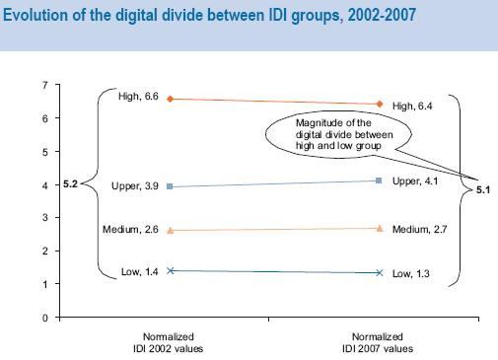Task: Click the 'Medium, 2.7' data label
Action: tap(418, 230)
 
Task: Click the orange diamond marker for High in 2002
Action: tap(172, 99)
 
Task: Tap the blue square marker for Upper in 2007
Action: tap(380, 180)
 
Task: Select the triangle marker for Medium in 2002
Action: tap(172, 230)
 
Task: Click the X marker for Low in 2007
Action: tap(380, 272)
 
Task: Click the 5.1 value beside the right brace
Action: tap(483, 189)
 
